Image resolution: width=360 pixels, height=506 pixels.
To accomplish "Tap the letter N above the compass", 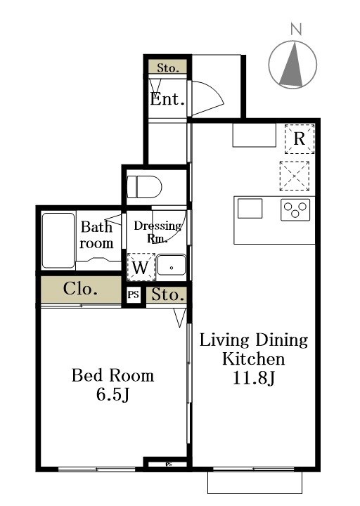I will point(296,30).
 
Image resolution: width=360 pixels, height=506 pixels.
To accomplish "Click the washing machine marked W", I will point(140,268).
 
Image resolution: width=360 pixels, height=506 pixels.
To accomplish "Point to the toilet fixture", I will point(144,188).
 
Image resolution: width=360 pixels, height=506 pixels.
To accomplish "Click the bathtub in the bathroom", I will point(58,240).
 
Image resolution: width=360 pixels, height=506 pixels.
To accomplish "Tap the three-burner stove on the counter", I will point(295,209).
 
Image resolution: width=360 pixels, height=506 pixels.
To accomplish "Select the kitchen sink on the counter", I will point(250,209).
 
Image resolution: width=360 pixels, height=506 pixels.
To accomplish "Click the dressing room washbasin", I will point(170,267).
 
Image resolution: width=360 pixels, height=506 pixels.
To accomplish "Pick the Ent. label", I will point(167,99).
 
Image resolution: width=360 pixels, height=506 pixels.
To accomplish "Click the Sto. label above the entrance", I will point(167,68).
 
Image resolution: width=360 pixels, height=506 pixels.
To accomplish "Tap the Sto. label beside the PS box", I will point(167,294).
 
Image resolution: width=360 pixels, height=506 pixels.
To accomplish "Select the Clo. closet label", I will point(81,289).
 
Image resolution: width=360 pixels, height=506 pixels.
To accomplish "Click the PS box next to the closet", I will point(134,296).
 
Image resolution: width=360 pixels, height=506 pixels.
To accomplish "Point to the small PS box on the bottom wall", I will point(169,464).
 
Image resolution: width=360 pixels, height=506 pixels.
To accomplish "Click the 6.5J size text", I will point(112,395).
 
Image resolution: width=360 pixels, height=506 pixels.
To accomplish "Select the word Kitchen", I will point(254,359).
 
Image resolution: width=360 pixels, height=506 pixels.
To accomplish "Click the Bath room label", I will point(96,235).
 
